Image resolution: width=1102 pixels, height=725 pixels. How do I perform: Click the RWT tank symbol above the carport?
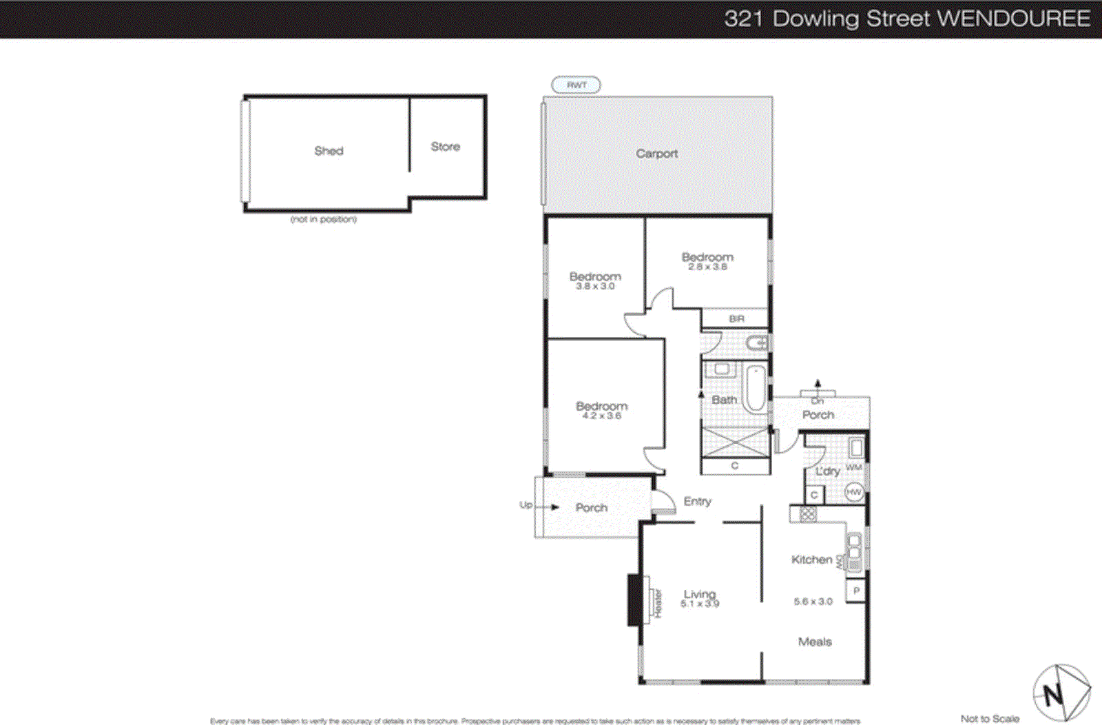click(x=576, y=85)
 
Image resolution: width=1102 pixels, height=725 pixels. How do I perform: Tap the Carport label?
click(x=656, y=154)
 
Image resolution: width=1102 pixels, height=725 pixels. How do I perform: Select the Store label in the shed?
click(x=445, y=147)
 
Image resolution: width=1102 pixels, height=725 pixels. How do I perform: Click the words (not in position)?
click(x=324, y=219)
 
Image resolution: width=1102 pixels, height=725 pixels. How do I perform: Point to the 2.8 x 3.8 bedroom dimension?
click(x=707, y=267)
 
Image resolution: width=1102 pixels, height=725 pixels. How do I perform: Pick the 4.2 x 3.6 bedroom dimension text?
click(x=601, y=416)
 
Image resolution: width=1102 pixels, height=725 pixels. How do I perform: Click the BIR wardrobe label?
click(x=736, y=318)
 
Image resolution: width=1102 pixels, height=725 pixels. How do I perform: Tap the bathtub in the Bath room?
click(x=756, y=389)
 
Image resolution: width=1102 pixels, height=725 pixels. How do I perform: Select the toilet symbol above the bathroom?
click(x=757, y=342)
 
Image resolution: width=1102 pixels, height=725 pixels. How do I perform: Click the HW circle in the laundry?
click(x=854, y=492)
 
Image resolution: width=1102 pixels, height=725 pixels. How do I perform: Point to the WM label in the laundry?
click(x=853, y=467)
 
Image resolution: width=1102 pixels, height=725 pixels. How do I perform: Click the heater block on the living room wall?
click(x=634, y=600)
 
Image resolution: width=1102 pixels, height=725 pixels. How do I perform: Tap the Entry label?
click(x=697, y=502)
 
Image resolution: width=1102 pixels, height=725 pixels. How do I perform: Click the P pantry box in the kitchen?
click(x=856, y=591)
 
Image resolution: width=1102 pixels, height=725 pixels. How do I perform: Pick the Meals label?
click(x=815, y=642)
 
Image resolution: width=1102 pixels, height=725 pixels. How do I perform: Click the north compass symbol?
click(x=1061, y=693)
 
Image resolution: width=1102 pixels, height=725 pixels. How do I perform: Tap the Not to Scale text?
click(x=990, y=718)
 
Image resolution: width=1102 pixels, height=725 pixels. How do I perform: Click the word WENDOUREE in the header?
click(x=1014, y=19)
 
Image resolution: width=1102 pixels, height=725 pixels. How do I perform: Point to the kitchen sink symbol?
click(x=854, y=551)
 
